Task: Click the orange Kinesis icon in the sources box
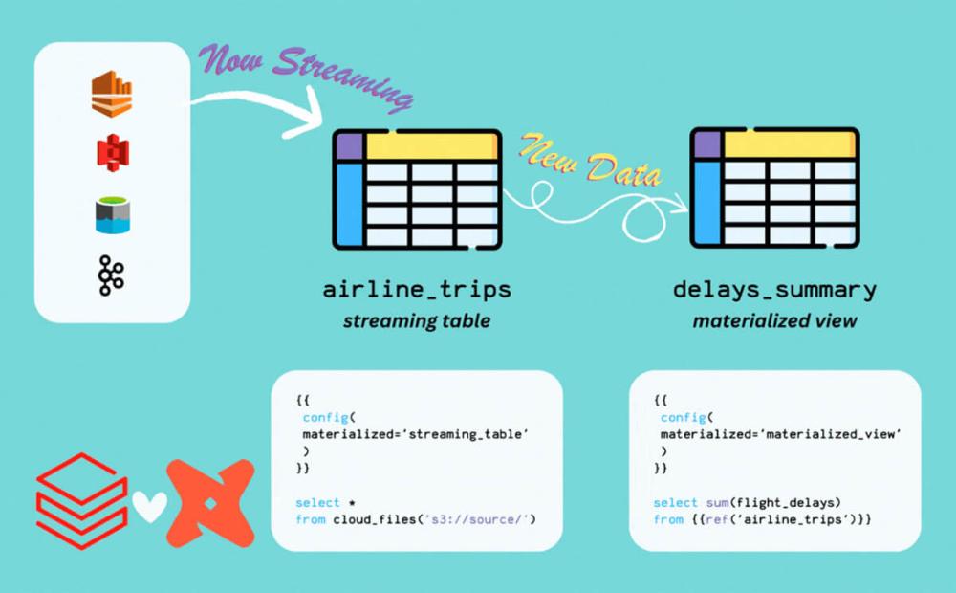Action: point(112,94)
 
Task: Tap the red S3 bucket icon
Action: point(113,152)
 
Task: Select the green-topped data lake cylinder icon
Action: point(113,215)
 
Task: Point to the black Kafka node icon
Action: point(111,275)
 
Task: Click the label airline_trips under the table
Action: point(417,289)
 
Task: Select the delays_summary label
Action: point(775,290)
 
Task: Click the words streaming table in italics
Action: point(417,321)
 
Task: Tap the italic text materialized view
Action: point(775,321)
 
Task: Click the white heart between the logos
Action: point(149,506)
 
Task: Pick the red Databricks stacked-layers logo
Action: point(81,500)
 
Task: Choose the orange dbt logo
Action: point(210,503)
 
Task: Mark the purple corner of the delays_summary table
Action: point(707,145)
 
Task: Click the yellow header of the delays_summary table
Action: point(790,145)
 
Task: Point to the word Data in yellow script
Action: point(623,168)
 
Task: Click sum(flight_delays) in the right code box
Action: point(773,503)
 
